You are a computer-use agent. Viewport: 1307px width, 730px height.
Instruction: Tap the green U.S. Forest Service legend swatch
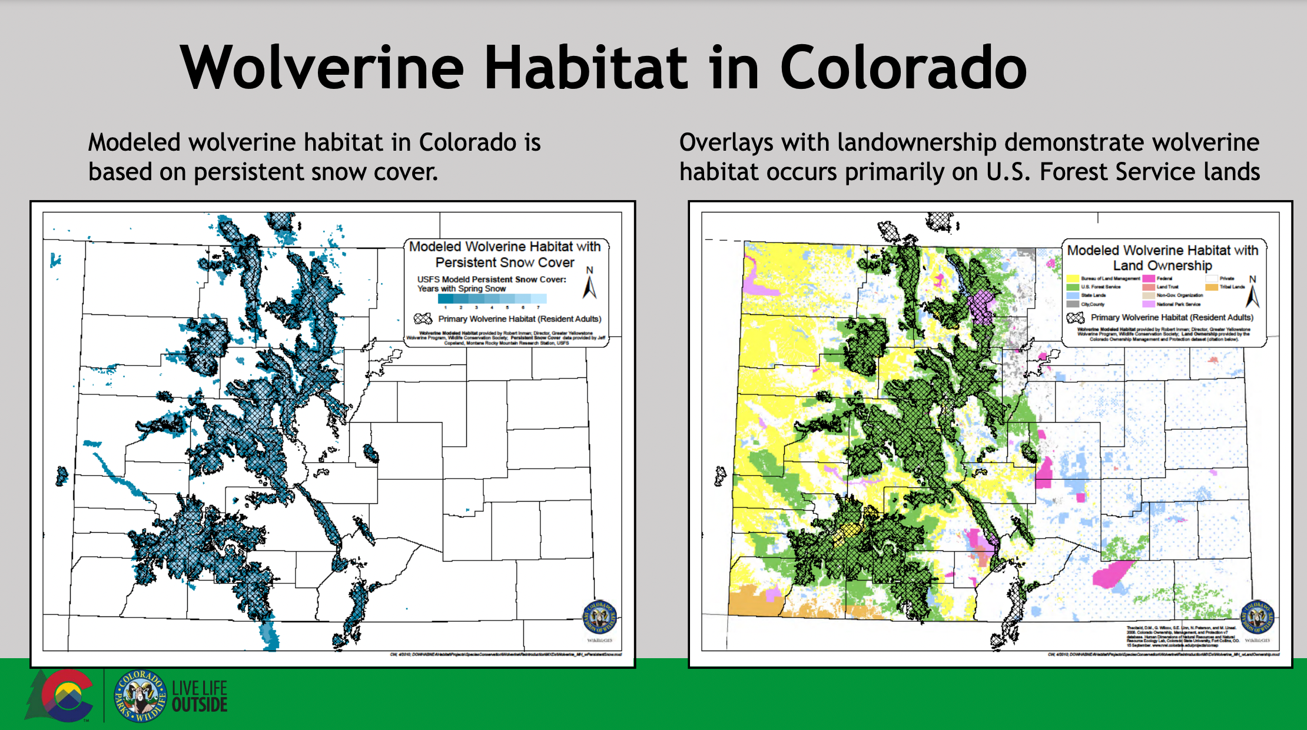point(1073,287)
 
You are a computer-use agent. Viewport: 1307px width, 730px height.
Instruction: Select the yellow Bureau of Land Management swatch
point(1073,278)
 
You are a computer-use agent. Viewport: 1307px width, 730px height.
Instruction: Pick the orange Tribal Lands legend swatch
point(1211,287)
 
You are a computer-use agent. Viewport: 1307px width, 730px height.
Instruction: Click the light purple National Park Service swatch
point(1148,304)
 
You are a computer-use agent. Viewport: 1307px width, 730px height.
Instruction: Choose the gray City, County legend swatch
point(1073,304)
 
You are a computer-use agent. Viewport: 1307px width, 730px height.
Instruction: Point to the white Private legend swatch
point(1211,278)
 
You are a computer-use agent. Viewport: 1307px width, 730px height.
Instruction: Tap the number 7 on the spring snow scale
point(538,307)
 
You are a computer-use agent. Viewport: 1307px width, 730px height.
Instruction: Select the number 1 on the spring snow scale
point(446,307)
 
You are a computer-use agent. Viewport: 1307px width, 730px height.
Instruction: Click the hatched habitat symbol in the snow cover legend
point(423,318)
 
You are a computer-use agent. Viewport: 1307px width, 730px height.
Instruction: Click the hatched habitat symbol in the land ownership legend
point(1076,317)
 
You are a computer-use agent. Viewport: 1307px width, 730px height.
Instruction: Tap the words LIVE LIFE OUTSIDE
point(200,696)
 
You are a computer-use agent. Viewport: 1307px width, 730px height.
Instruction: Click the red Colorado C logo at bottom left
point(66,695)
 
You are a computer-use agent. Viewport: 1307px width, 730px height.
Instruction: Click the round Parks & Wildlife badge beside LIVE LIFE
point(140,696)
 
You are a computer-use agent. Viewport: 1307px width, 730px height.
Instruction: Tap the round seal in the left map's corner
point(599,618)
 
